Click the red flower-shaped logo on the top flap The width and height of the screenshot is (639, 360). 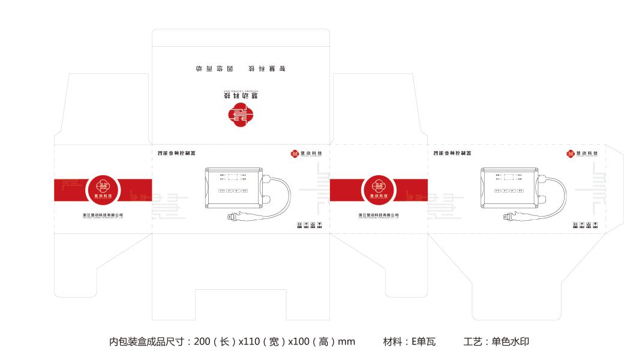click(241, 115)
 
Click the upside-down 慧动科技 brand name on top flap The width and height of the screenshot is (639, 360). click(241, 95)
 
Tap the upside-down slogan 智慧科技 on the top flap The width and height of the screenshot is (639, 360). click(272, 68)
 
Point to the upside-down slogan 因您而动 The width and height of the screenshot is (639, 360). click(209, 68)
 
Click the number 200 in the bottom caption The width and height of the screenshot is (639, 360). click(202, 342)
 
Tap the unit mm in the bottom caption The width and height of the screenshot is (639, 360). click(346, 342)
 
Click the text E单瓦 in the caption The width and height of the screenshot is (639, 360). click(422, 342)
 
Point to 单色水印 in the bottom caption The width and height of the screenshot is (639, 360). click(510, 342)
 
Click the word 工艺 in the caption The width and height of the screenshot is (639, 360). click(473, 342)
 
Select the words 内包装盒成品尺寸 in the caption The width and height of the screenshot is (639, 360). click(147, 342)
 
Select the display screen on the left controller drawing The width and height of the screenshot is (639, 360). click(235, 177)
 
